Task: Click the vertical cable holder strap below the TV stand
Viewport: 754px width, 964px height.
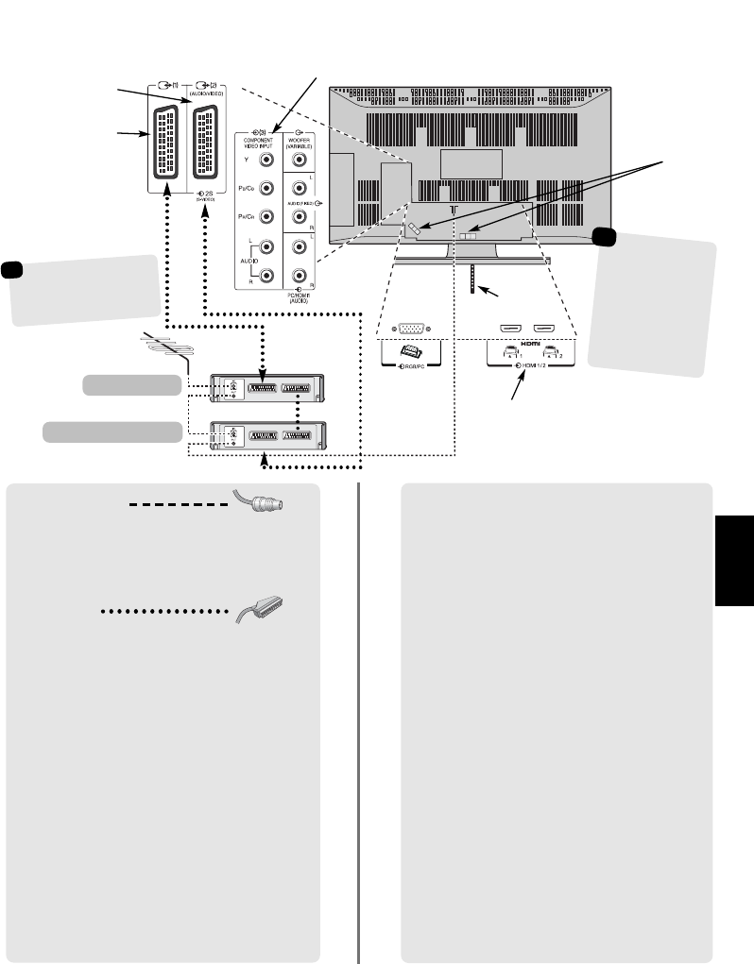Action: (x=472, y=279)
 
